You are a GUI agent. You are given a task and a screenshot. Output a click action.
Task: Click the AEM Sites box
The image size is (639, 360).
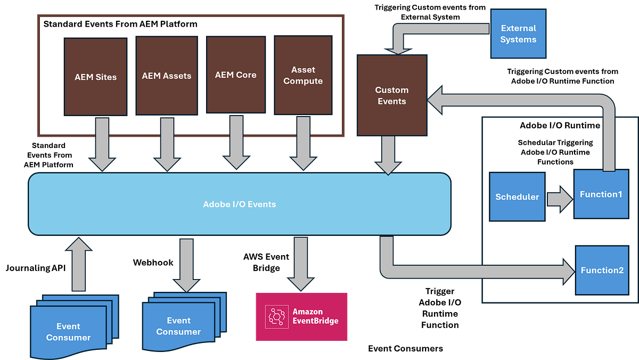(x=95, y=76)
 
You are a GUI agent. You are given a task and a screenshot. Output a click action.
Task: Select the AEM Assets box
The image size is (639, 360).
(x=166, y=76)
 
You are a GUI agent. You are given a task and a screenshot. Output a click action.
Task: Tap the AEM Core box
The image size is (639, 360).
(x=235, y=75)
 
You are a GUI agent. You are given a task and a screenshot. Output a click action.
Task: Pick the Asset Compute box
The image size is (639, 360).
(x=303, y=75)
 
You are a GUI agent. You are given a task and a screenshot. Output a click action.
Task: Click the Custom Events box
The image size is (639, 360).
(x=391, y=95)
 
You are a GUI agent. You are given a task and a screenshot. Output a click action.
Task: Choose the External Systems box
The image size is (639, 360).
(x=518, y=34)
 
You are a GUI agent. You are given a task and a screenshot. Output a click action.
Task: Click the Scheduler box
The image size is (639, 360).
(x=517, y=197)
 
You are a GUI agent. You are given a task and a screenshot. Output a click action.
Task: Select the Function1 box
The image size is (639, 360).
(x=601, y=194)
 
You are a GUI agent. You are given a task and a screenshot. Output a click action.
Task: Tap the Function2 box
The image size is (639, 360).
(x=602, y=270)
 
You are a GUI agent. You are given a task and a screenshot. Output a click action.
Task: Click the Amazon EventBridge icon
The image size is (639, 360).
(x=276, y=316)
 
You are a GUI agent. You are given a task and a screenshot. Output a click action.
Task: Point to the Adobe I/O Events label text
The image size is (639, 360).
(x=240, y=204)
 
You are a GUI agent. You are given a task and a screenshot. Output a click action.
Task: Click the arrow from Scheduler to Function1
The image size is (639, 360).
(x=559, y=198)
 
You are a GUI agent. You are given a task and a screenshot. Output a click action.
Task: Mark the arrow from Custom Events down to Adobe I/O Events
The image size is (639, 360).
(x=388, y=154)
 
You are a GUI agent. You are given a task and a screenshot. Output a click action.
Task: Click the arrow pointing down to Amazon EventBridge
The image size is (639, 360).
(x=301, y=264)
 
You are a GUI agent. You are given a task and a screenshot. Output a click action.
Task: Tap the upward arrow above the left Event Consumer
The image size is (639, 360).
(x=79, y=264)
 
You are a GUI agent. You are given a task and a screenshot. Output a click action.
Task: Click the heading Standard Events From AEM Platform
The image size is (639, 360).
(x=120, y=24)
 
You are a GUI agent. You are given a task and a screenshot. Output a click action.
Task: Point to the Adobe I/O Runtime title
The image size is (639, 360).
(x=560, y=126)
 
